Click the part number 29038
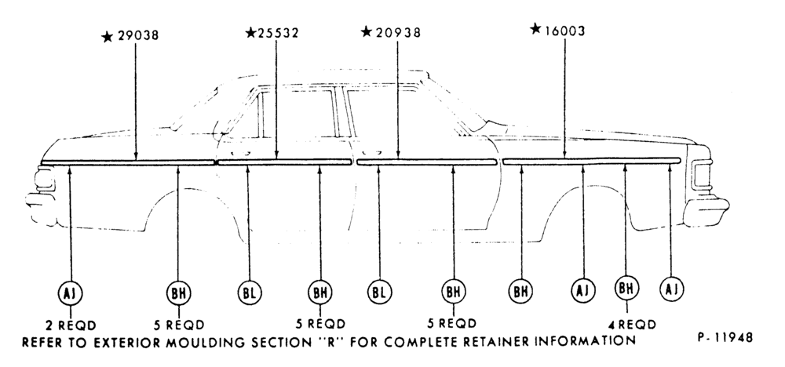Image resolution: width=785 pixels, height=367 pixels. pyautogui.click(x=138, y=35)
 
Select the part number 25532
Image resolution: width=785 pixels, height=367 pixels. pyautogui.click(x=278, y=33)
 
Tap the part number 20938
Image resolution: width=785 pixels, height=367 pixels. pyautogui.click(x=398, y=32)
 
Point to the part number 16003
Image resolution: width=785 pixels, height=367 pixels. pyautogui.click(x=564, y=31)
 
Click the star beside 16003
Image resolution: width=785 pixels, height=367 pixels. pyautogui.click(x=535, y=28)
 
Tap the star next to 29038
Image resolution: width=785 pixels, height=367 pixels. pyautogui.click(x=107, y=37)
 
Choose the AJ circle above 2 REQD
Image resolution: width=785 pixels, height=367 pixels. pyautogui.click(x=70, y=293)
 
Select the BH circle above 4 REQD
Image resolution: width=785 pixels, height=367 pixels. pyautogui.click(x=626, y=288)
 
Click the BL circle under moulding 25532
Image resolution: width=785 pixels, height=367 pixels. pyautogui.click(x=250, y=293)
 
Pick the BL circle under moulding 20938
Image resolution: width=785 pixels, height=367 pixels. pyautogui.click(x=379, y=293)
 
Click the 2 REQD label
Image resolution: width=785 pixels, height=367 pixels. pyautogui.click(x=71, y=325)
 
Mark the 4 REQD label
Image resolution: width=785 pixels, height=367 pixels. pyautogui.click(x=632, y=325)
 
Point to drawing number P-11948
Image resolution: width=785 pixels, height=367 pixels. pyautogui.click(x=725, y=337)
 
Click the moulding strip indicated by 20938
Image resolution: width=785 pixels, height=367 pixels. pyautogui.click(x=426, y=162)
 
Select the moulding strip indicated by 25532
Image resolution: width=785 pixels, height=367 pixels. pyautogui.click(x=285, y=162)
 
